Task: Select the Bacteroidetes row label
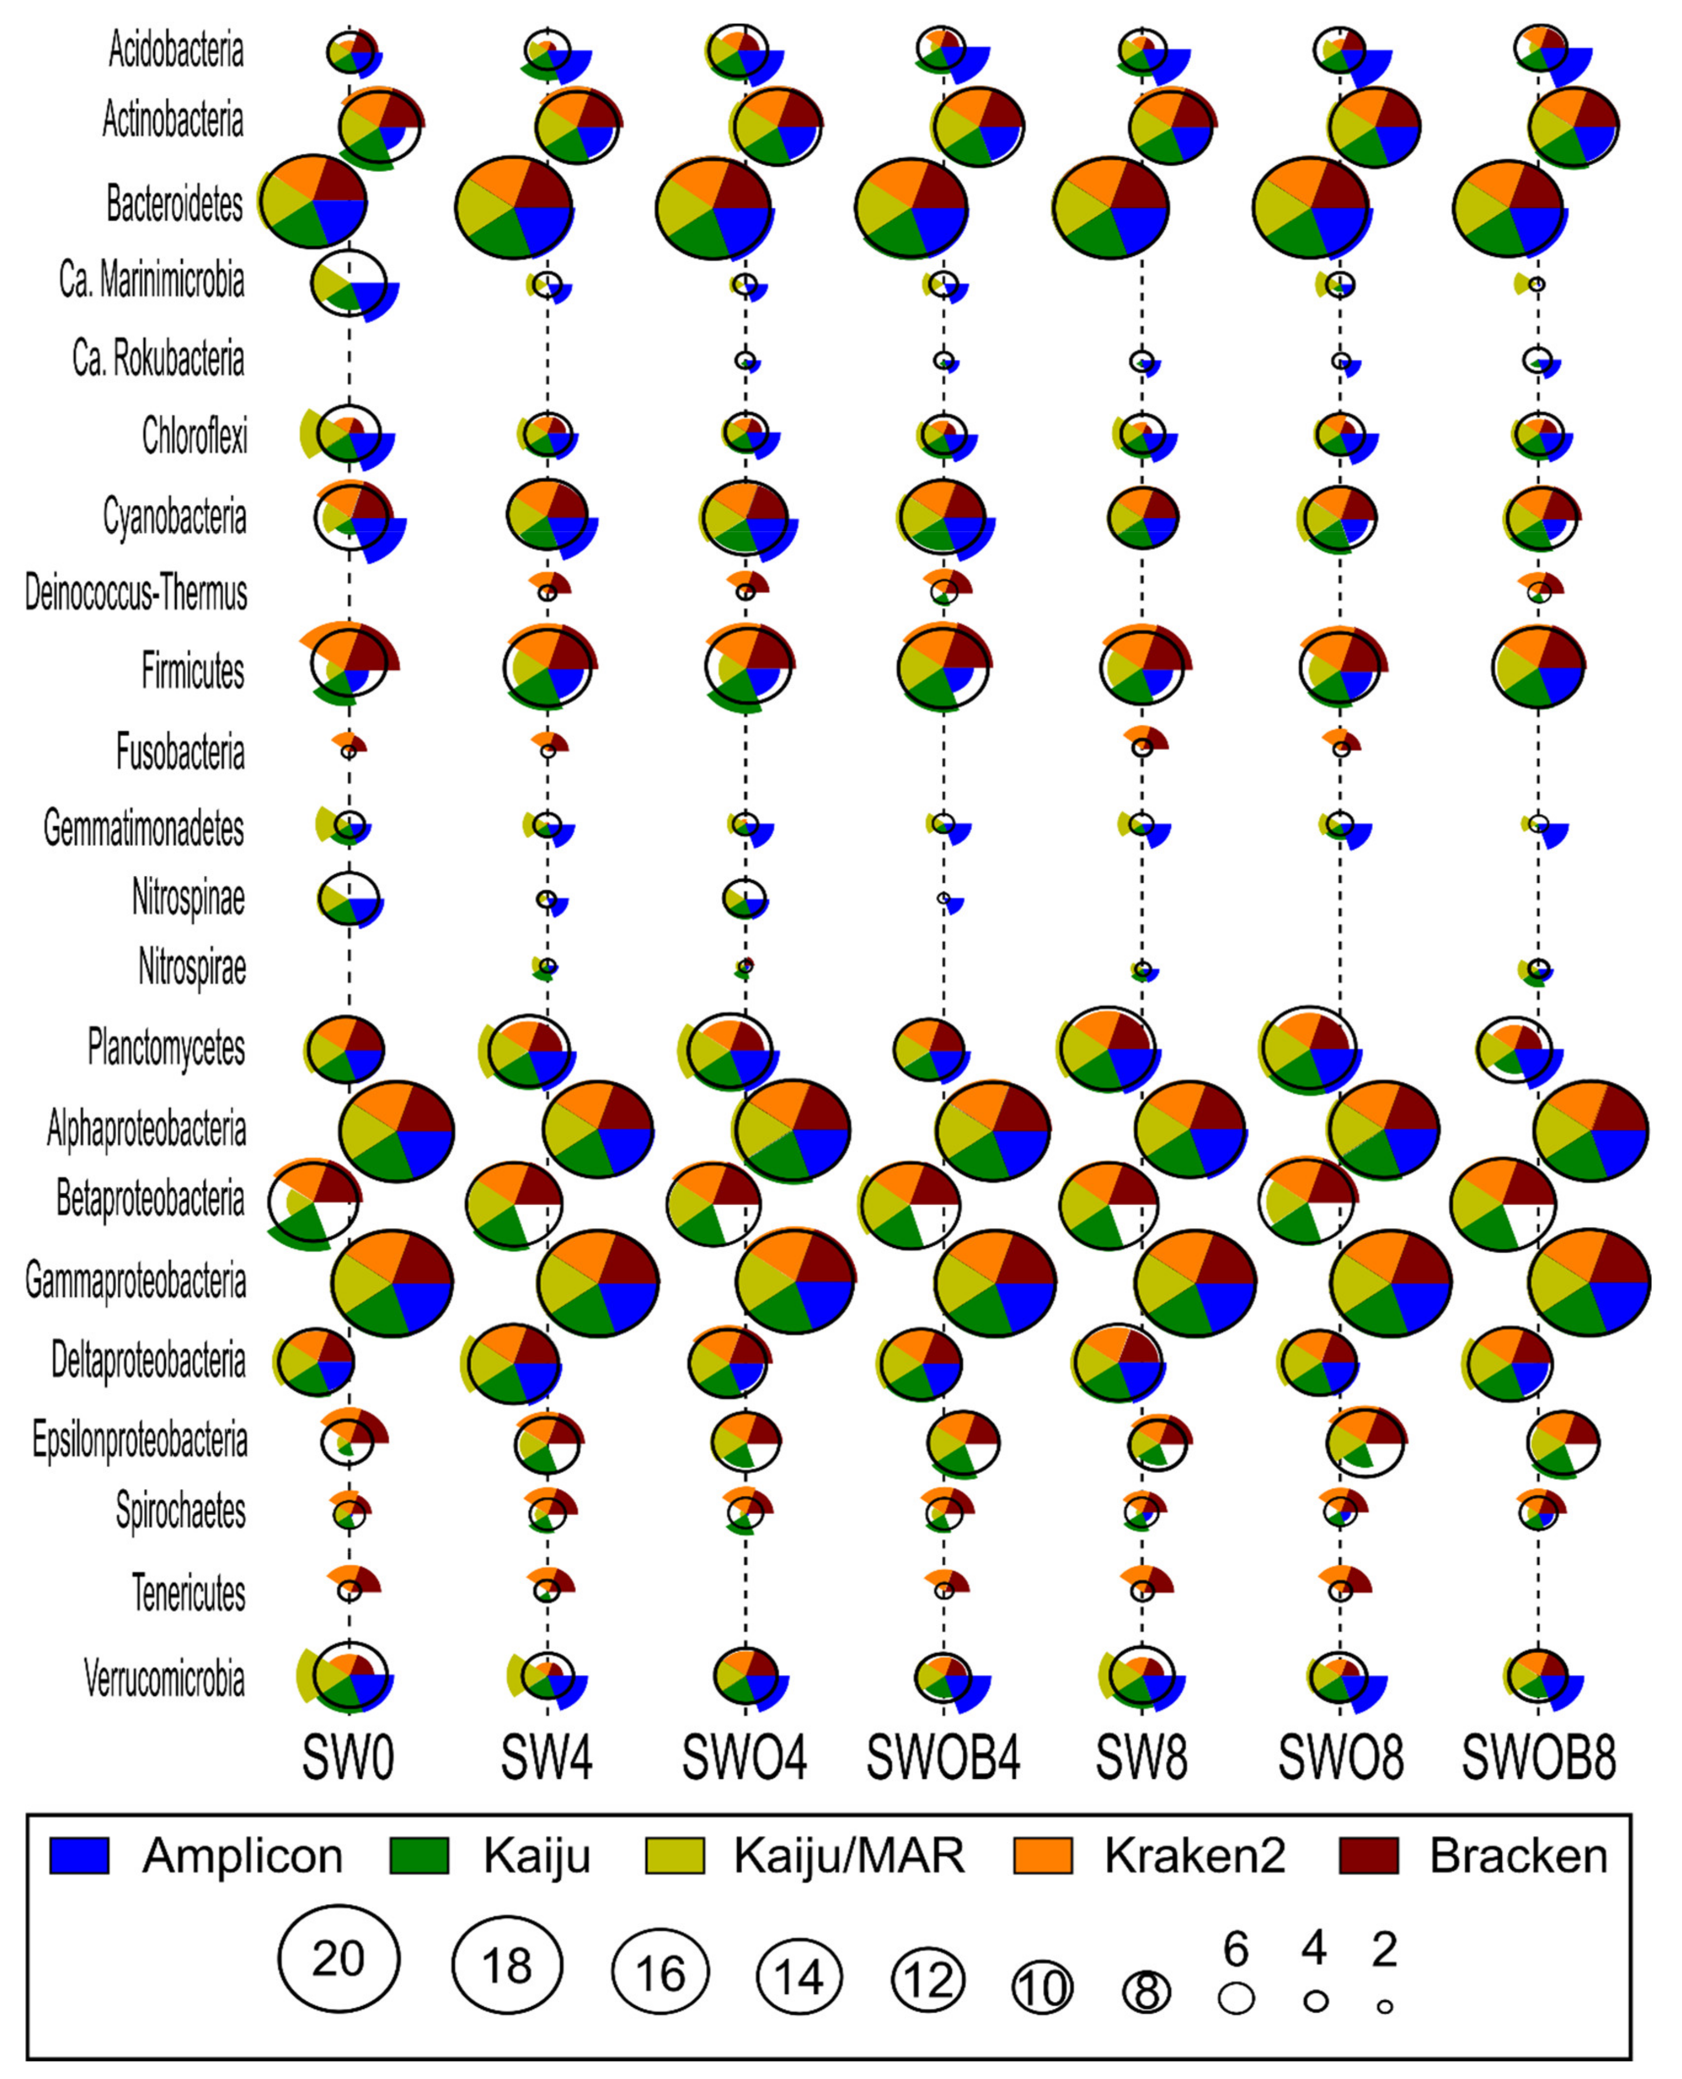(x=174, y=204)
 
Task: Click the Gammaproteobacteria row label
(x=136, y=1281)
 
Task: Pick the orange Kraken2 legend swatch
(x=1042, y=1855)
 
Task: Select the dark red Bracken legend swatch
(x=1368, y=1855)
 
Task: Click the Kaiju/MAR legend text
(x=849, y=1855)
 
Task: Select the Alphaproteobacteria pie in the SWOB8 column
(x=1592, y=1129)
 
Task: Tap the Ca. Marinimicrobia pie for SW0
(x=349, y=283)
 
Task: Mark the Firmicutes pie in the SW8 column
(x=1142, y=668)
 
